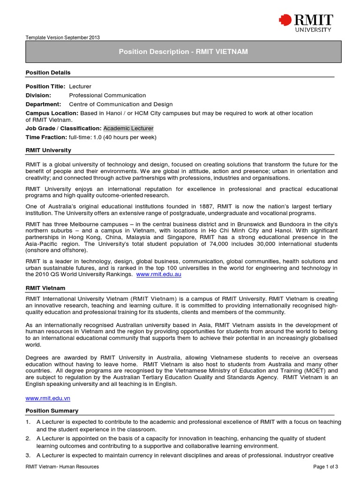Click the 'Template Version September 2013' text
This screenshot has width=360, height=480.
tap(62, 37)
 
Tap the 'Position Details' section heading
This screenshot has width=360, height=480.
tap(48, 73)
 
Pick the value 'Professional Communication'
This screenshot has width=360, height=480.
tap(107, 95)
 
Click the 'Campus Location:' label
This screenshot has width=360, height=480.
tap(52, 113)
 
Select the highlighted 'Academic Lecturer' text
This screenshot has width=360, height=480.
tap(128, 128)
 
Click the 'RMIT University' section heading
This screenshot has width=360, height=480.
tap(48, 150)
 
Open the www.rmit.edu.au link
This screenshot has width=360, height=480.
tap(158, 274)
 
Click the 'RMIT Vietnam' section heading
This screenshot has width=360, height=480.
tap(45, 287)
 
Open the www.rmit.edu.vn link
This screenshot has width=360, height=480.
tap(48, 397)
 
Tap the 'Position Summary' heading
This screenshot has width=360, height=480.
tap(52, 411)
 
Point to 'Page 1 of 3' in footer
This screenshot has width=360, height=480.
tap(325, 467)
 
